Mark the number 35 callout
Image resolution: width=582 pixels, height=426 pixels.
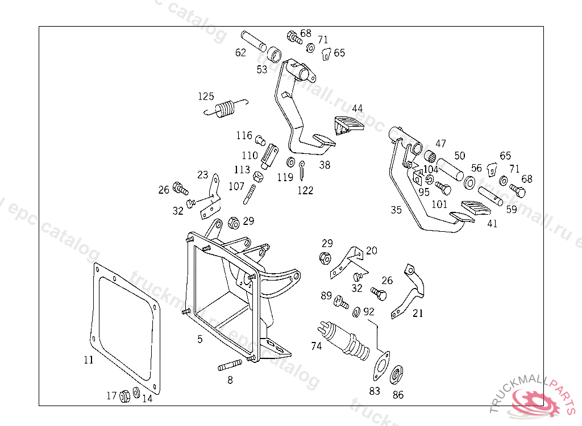tap(396, 210)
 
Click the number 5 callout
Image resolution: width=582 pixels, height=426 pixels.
tap(199, 339)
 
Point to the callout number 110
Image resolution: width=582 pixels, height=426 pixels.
tap(250, 155)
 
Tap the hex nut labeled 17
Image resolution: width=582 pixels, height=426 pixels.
tap(126, 396)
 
